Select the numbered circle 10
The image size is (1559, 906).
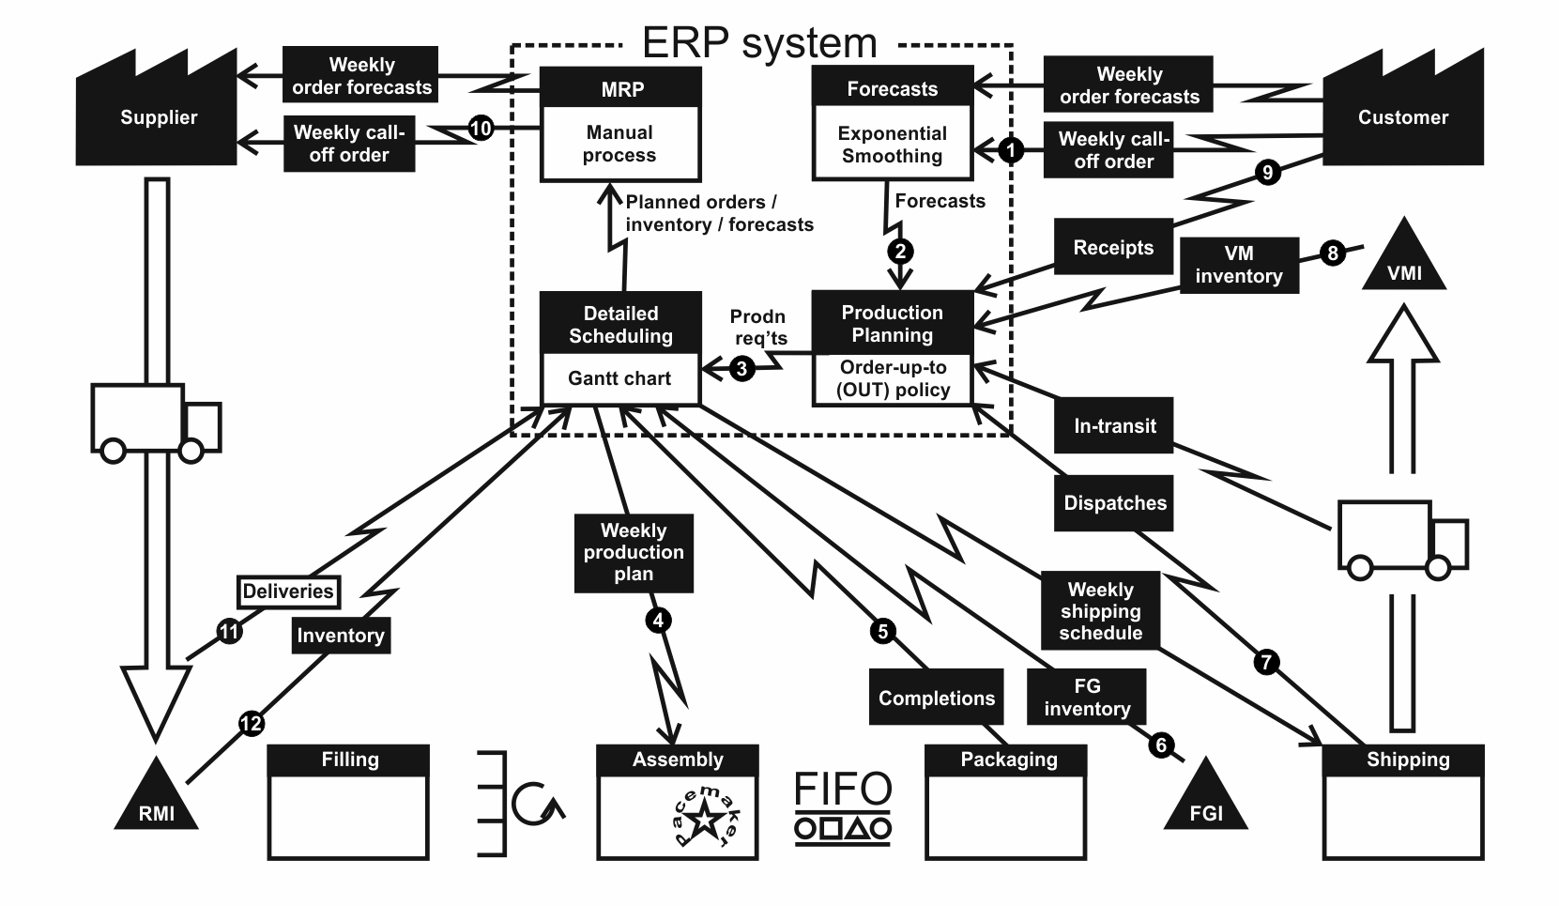481,128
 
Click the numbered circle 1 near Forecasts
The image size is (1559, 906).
1010,149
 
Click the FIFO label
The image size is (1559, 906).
843,790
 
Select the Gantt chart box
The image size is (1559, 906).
619,379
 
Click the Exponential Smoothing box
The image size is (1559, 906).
892,145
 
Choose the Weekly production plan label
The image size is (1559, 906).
634,552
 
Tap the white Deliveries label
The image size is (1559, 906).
288,591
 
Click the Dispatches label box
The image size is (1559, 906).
1115,503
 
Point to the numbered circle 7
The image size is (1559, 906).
1266,662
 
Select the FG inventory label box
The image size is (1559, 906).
1087,698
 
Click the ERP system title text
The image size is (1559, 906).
759,43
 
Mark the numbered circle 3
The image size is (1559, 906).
741,369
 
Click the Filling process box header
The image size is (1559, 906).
349,760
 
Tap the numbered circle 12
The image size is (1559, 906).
252,724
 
